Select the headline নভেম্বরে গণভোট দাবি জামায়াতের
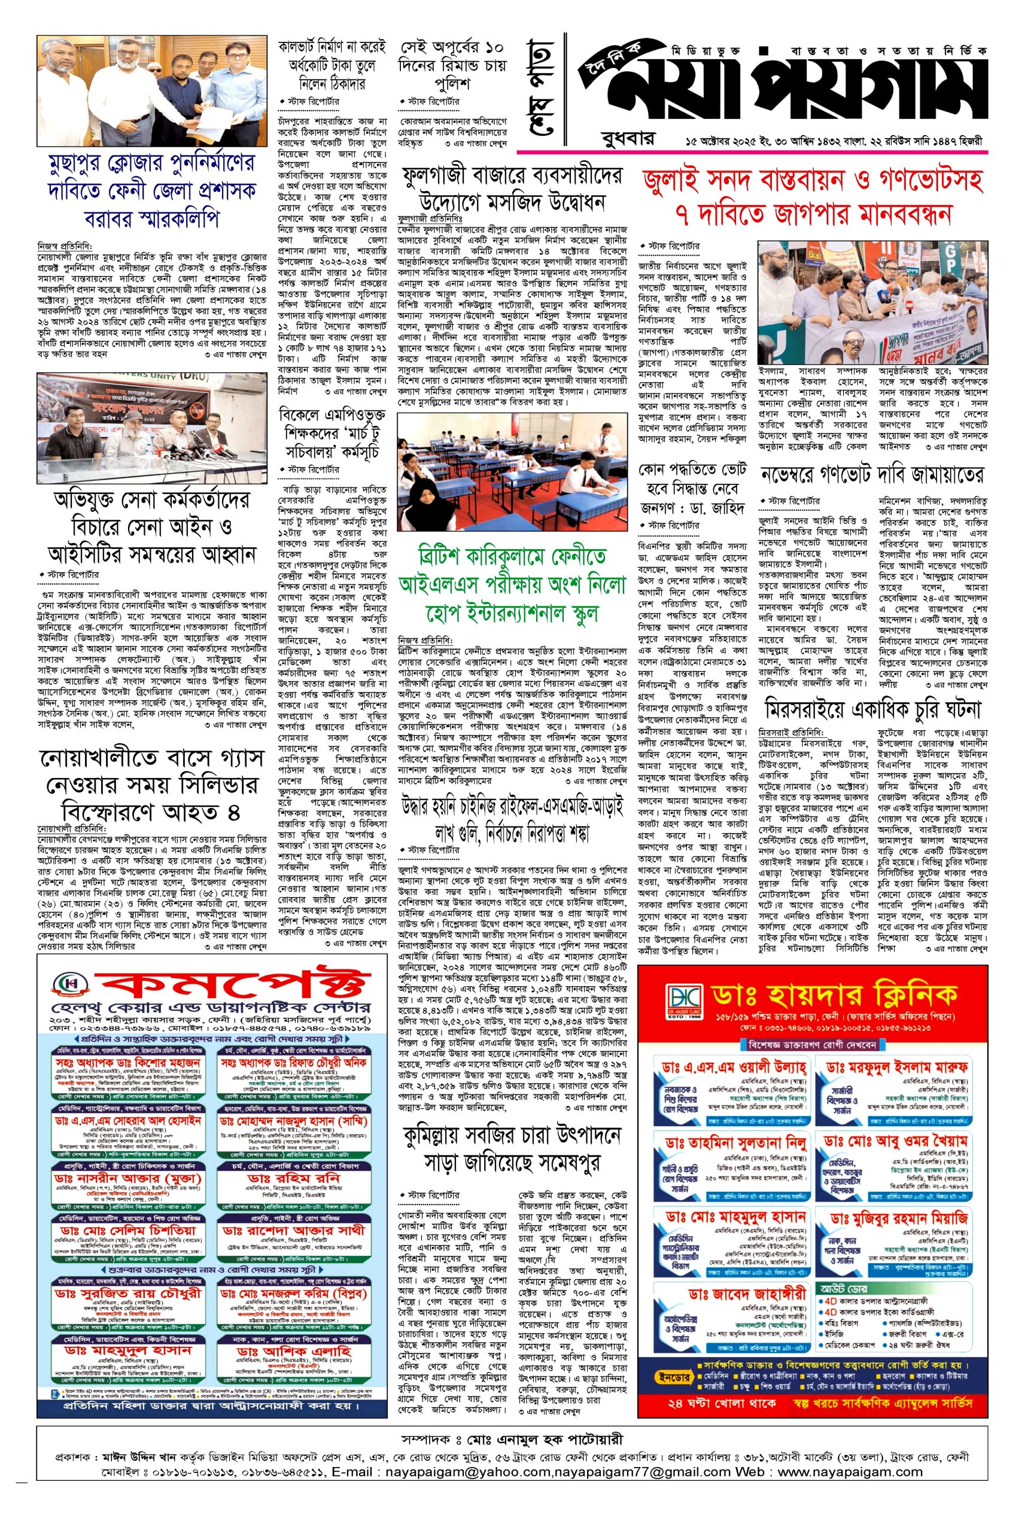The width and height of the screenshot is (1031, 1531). [872, 474]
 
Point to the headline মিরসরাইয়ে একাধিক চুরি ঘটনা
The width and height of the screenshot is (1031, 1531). [872, 710]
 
